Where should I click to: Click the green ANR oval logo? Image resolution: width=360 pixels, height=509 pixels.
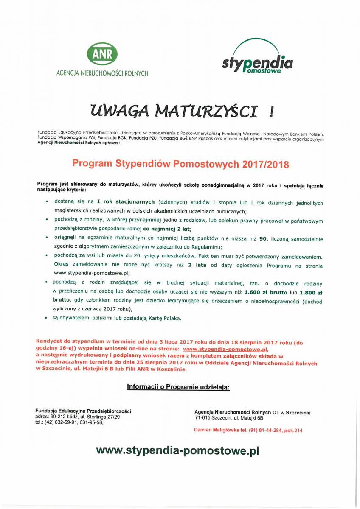tap(102, 54)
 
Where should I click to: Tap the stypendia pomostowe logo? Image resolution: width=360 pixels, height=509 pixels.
tap(257, 60)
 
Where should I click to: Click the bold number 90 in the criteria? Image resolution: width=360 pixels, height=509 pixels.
tap(263, 239)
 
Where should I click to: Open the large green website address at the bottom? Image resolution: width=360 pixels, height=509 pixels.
tap(177, 450)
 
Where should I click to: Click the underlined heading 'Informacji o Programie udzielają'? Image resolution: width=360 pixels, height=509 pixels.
tap(178, 387)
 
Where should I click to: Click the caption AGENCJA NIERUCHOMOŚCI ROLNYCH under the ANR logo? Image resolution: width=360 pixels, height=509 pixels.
tap(102, 73)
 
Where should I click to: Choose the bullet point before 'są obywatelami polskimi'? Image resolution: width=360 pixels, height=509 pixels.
tap(46, 317)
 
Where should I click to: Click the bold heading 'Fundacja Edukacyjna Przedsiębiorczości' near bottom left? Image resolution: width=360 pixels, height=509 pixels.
tap(83, 411)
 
